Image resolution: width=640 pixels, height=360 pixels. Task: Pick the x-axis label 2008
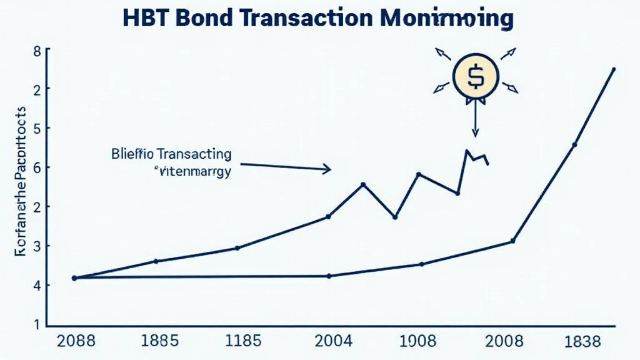[504, 341]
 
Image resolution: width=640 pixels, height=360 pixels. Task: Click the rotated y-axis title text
[19, 181]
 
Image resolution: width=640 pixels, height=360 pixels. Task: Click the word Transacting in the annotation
[194, 154]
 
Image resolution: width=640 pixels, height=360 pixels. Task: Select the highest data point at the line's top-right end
[613, 69]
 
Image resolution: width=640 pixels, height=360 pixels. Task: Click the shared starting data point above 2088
[74, 278]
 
